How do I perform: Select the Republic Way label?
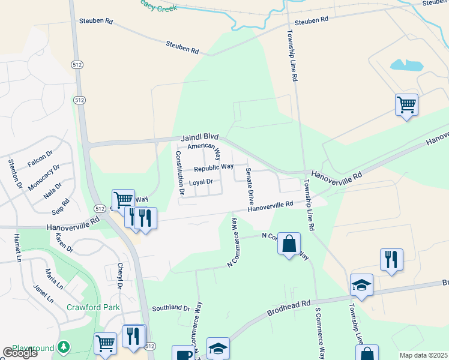pyautogui.click(x=213, y=167)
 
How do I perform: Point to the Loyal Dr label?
pyautogui.click(x=201, y=182)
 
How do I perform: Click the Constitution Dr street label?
pyautogui.click(x=179, y=172)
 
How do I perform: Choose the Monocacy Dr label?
pyautogui.click(x=44, y=177)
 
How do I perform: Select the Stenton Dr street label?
pyautogui.click(x=14, y=173)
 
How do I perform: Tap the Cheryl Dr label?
pyautogui.click(x=120, y=277)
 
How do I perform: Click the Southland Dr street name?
pyautogui.click(x=170, y=308)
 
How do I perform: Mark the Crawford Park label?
pyautogui.click(x=93, y=308)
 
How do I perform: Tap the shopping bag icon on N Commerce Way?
pyautogui.click(x=289, y=244)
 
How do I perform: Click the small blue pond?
pyautogui.click(x=406, y=65)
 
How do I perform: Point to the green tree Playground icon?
pyautogui.click(x=63, y=348)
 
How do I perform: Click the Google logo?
pyautogui.click(x=20, y=353)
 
